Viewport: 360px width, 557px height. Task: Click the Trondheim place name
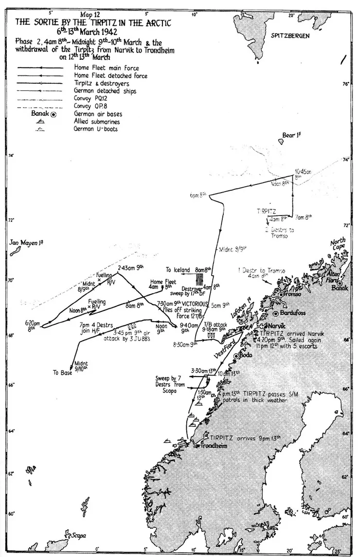214,445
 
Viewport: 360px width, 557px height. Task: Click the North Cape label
338,244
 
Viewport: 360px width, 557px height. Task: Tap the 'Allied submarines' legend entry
96,121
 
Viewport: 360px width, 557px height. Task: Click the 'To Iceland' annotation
179,270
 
